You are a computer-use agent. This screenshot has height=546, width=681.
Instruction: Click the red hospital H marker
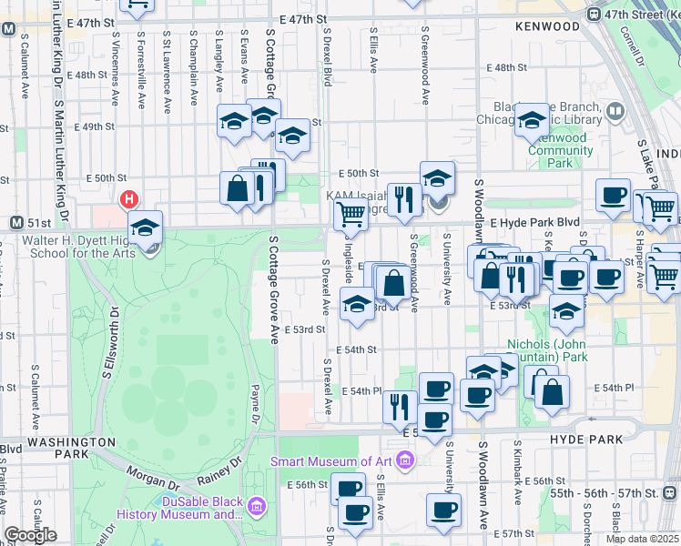[129, 198]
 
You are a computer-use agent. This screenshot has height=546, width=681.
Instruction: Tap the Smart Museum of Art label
[336, 461]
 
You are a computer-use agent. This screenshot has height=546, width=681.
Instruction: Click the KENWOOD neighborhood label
[546, 26]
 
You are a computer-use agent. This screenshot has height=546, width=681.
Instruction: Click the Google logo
[30, 535]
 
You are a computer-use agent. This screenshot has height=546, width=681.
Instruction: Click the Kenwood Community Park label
[561, 150]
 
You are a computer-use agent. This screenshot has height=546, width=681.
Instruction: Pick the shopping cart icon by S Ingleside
[350, 215]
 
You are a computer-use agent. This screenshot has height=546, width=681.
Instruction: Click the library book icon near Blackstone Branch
[616, 112]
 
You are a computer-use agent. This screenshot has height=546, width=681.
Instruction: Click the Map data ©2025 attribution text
[641, 539]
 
